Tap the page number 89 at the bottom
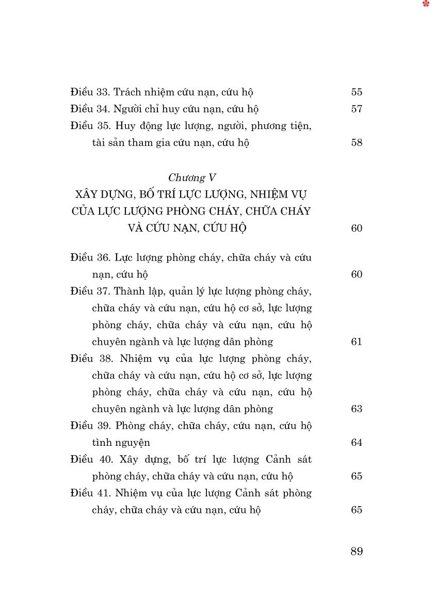tap(357, 552)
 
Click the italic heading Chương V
tap(191, 178)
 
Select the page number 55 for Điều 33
tap(357, 92)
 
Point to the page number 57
tap(357, 109)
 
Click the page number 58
tap(357, 143)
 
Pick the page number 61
tap(357, 342)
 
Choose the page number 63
tap(357, 409)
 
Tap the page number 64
tap(357, 443)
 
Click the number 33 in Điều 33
tap(103, 92)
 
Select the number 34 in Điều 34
tap(103, 109)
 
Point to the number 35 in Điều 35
tap(103, 126)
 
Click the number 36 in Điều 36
tap(103, 257)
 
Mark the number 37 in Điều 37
tap(103, 291)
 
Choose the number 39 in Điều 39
tap(103, 426)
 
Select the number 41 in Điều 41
tap(103, 493)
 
